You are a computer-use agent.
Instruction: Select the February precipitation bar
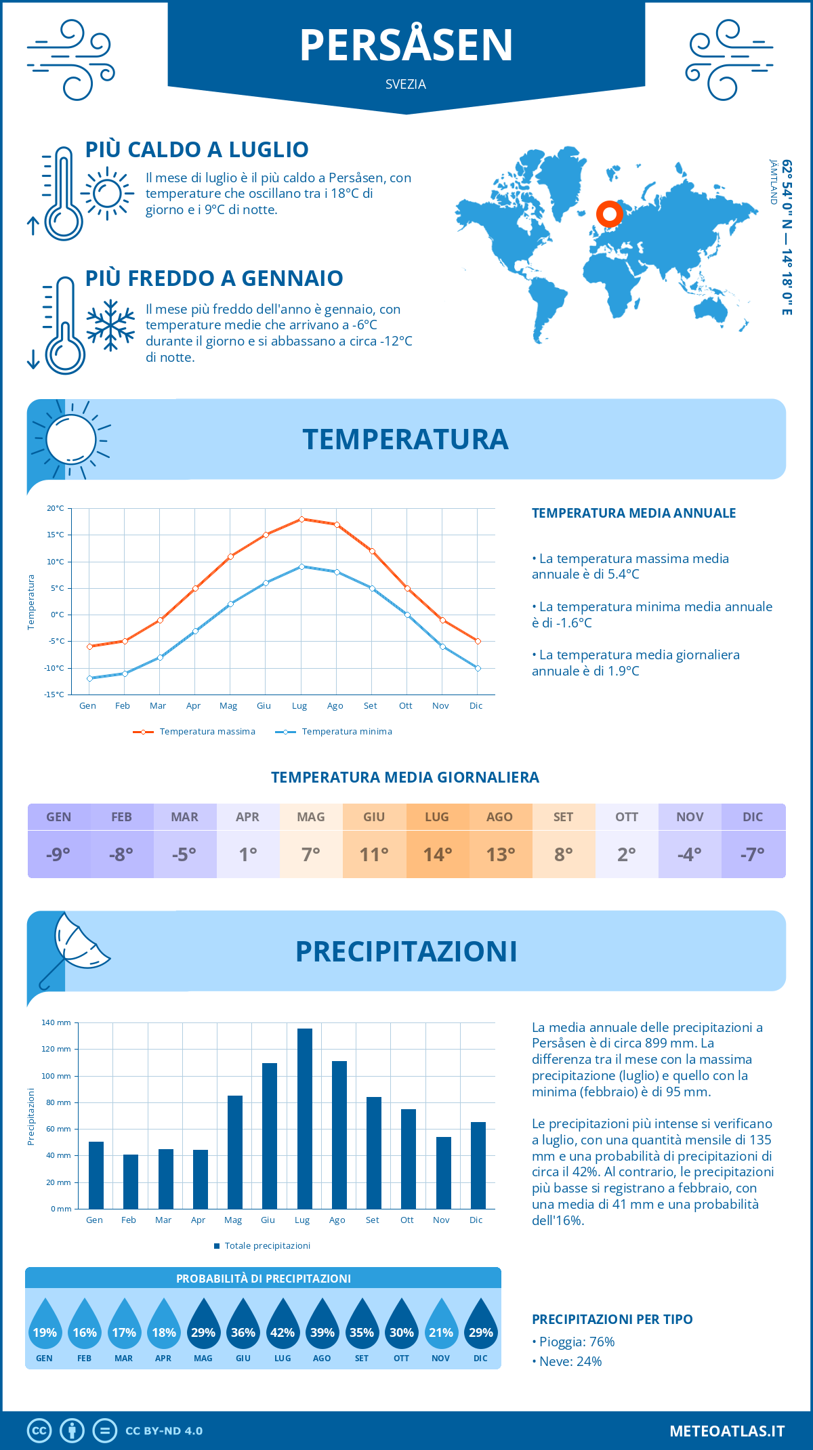click(130, 1181)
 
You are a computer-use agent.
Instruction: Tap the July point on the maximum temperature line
click(301, 519)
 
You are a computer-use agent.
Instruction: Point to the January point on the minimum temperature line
click(89, 678)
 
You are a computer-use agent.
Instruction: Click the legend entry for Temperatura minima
click(335, 732)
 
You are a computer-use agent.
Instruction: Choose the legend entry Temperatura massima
click(195, 732)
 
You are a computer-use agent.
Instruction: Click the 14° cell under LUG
click(437, 854)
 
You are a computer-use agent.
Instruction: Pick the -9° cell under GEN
click(59, 854)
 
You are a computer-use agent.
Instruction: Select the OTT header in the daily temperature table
click(627, 817)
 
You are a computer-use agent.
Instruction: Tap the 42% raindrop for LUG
click(283, 1327)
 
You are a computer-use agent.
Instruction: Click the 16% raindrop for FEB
click(85, 1327)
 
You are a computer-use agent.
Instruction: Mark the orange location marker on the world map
click(609, 214)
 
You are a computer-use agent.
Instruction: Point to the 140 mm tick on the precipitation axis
click(56, 1022)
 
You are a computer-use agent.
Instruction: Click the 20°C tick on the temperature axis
click(56, 508)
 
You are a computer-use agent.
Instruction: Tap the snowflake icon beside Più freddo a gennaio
click(110, 325)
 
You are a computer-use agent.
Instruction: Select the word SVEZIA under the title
click(406, 85)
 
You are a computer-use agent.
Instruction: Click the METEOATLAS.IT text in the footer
click(727, 1431)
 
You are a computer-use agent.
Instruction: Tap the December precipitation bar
click(478, 1165)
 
